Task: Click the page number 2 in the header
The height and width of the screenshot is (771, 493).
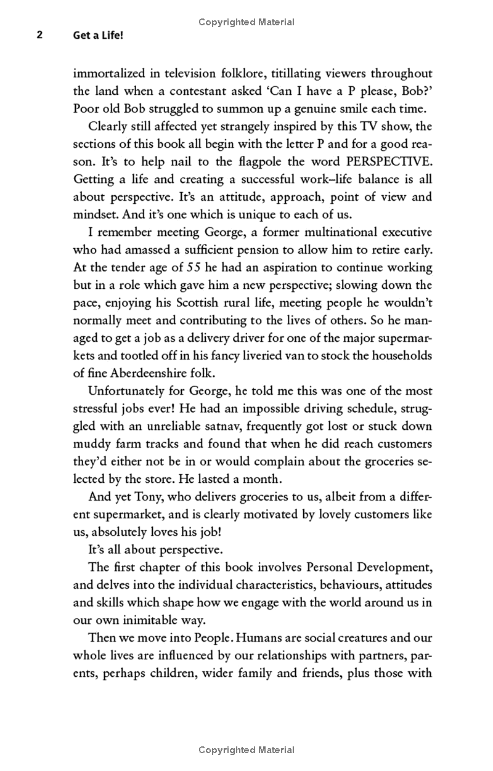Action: click(39, 36)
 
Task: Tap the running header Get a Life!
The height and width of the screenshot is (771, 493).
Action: click(98, 36)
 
